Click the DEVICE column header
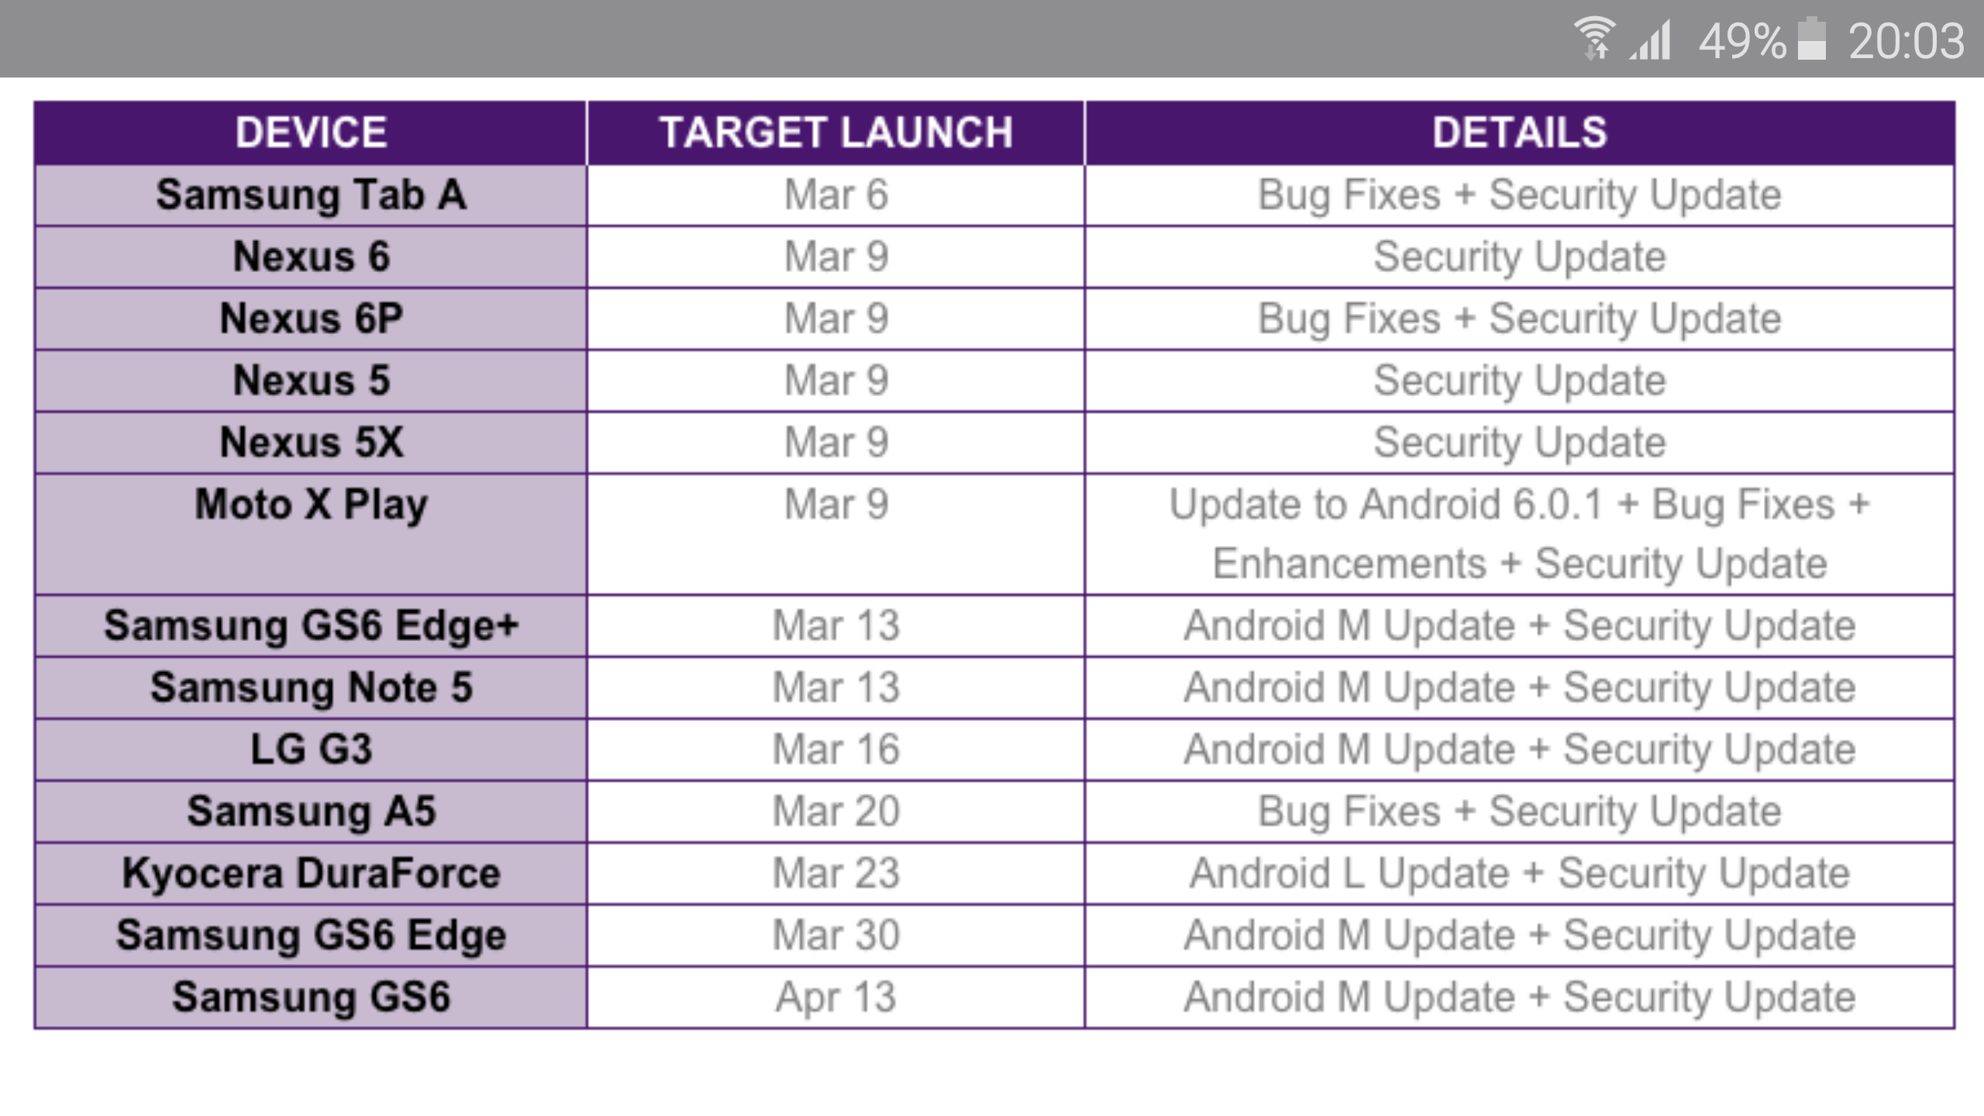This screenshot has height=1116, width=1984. point(311,133)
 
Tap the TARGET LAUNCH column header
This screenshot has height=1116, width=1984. point(836,133)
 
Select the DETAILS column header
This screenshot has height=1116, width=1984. point(1520,133)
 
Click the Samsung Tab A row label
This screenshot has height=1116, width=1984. point(311,195)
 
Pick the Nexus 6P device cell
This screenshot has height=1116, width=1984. point(311,319)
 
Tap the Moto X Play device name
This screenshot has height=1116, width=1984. point(311,506)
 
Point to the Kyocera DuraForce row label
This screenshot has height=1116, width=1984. point(311,873)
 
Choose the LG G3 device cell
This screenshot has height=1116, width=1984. point(311,749)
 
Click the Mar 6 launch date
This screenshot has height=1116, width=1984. point(836,195)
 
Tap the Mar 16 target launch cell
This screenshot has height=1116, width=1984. point(836,749)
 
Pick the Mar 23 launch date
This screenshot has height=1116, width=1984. point(836,873)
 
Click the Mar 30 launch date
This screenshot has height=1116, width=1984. point(836,935)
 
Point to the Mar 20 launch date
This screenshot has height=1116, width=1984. point(836,811)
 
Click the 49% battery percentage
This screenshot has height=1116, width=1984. point(1742,41)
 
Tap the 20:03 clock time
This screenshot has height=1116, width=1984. point(1906,41)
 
